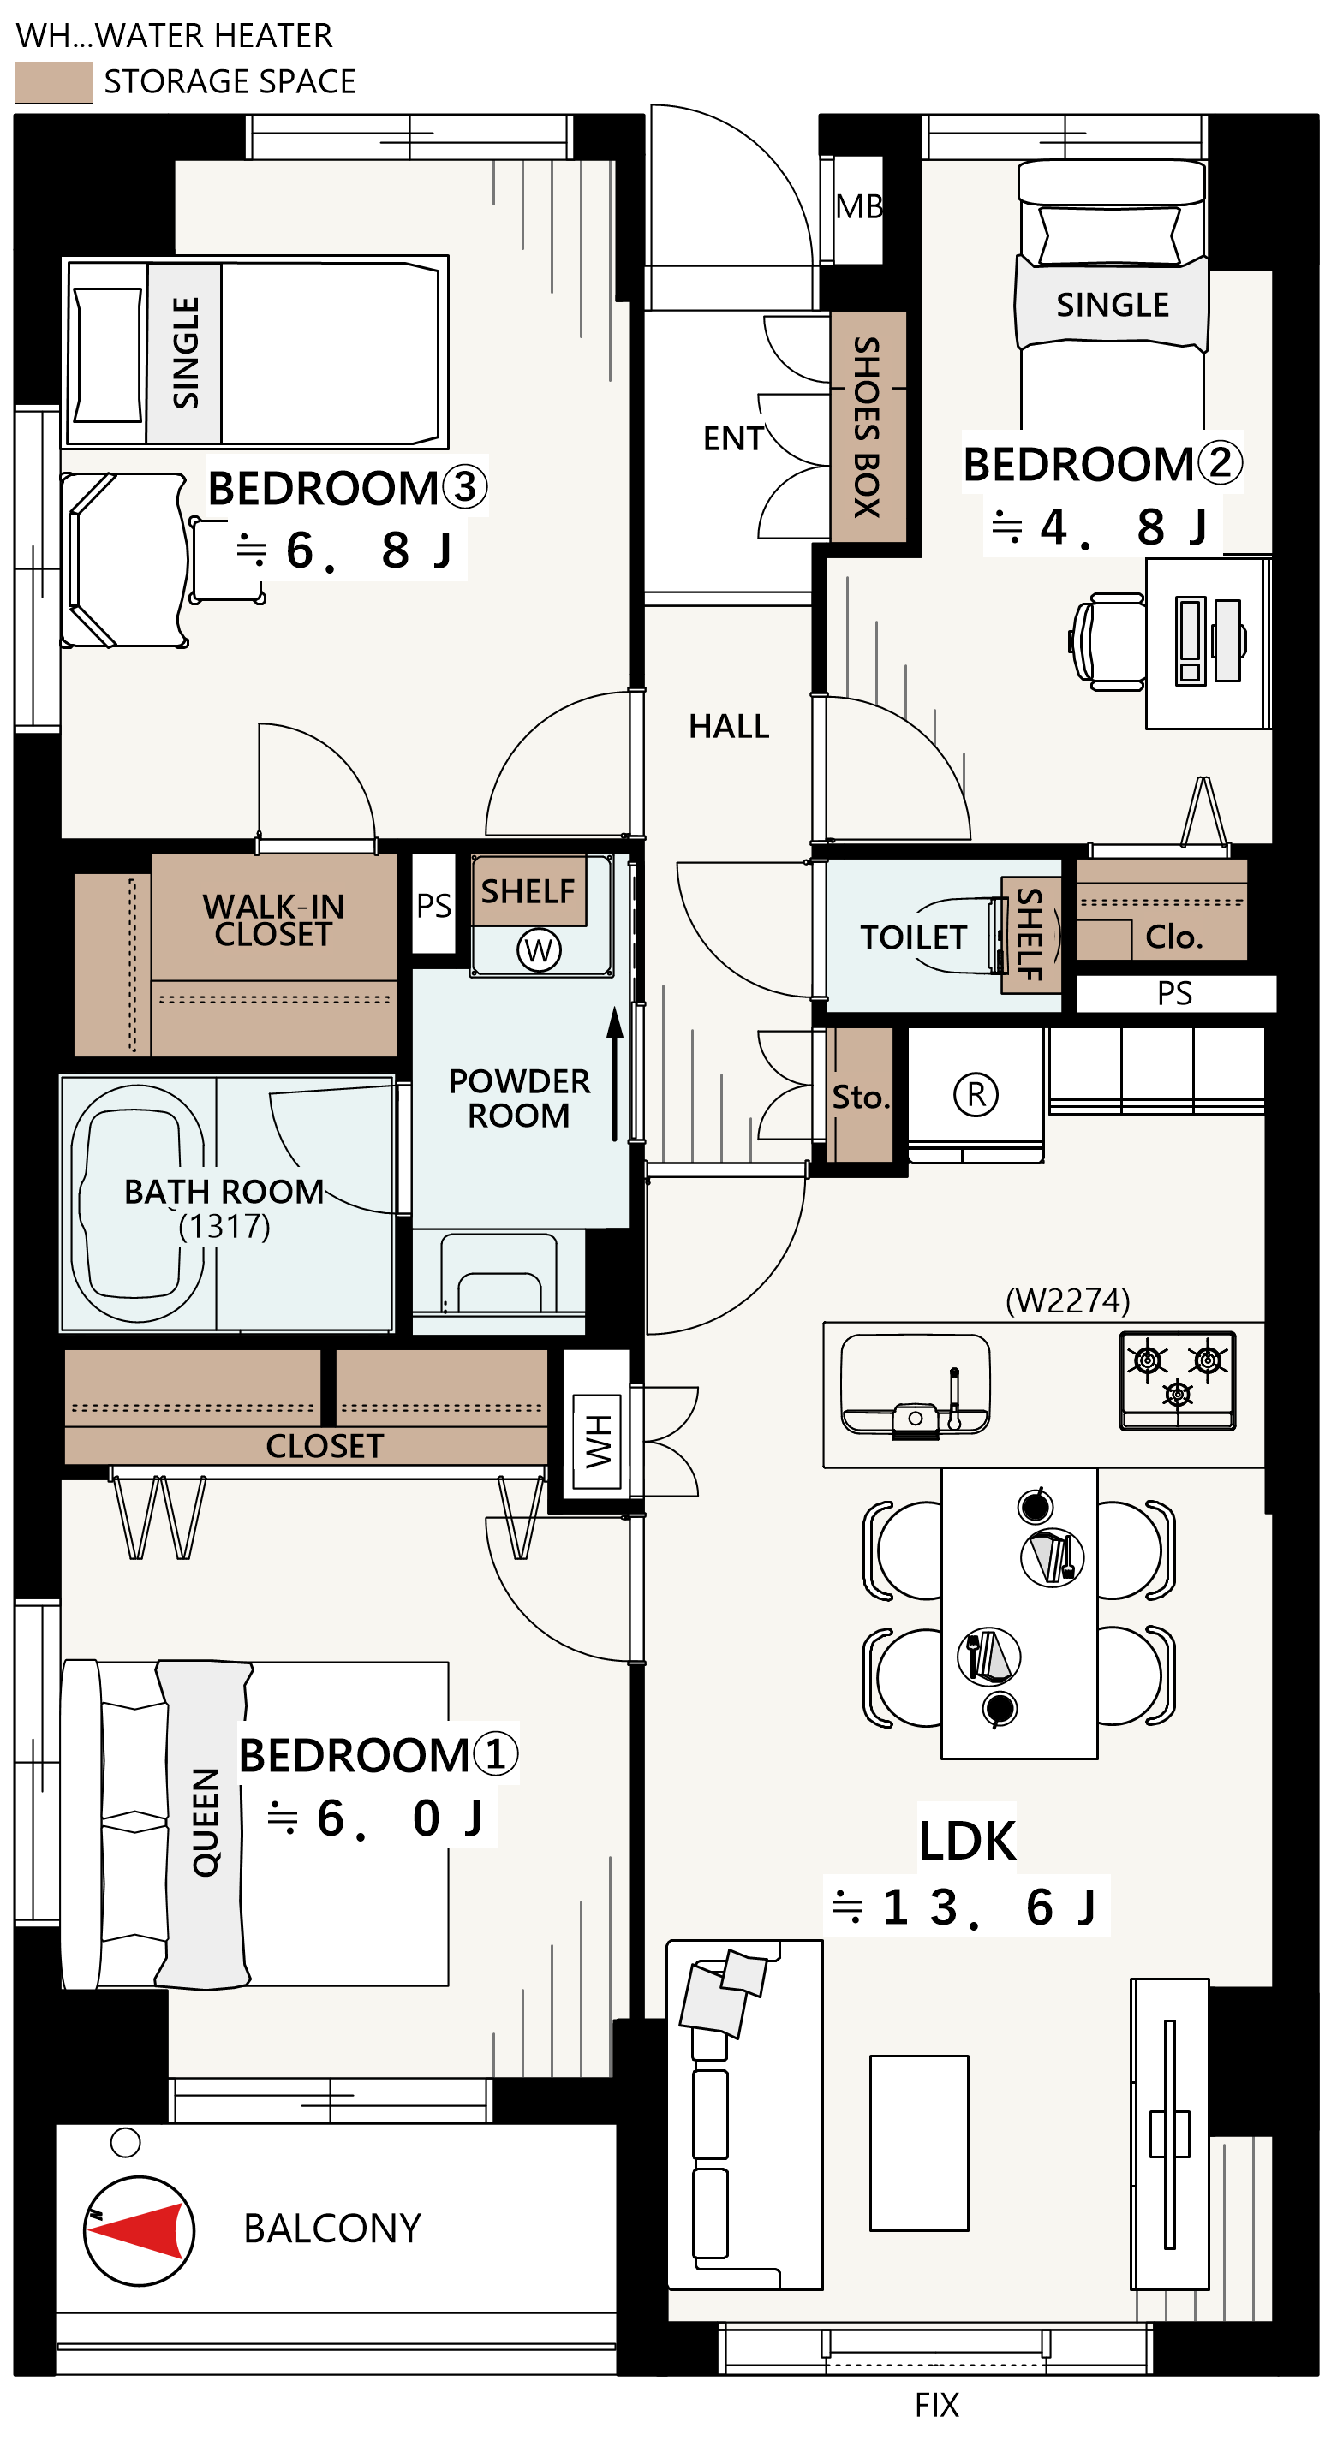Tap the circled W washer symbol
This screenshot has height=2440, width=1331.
click(538, 949)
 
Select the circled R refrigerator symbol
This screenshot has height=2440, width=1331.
click(975, 1094)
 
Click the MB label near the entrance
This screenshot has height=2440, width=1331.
click(858, 206)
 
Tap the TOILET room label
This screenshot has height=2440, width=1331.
click(913, 937)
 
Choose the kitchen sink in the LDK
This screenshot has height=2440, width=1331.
click(915, 1386)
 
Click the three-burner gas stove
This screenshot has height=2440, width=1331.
click(1178, 1380)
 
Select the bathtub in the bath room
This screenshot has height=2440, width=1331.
click(138, 1204)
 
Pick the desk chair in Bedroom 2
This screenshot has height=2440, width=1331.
click(1108, 641)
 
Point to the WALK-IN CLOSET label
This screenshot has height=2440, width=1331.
click(273, 919)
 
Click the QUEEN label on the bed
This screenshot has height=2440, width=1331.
click(206, 1822)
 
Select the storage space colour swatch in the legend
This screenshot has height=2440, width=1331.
click(54, 82)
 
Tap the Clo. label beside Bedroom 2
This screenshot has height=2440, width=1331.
click(1173, 937)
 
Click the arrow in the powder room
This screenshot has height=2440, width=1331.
click(615, 1074)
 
